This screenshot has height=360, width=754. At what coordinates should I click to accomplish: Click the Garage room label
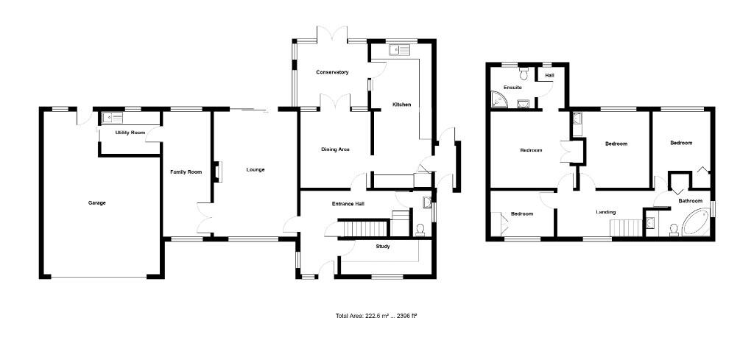pos(96,202)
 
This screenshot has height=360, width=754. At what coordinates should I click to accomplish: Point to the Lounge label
pos(255,170)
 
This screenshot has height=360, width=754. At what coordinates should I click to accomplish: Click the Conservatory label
pos(332,72)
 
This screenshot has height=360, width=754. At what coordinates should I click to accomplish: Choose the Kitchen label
pos(401,105)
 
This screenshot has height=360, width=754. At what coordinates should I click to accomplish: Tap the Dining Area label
pos(335,149)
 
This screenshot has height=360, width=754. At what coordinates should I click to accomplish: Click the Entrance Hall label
pos(348,204)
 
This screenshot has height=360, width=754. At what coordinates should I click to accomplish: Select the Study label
pos(383,246)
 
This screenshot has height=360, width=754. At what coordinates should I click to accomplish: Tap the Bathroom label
pos(690,201)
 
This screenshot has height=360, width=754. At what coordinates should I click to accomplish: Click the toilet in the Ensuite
pos(524,74)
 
